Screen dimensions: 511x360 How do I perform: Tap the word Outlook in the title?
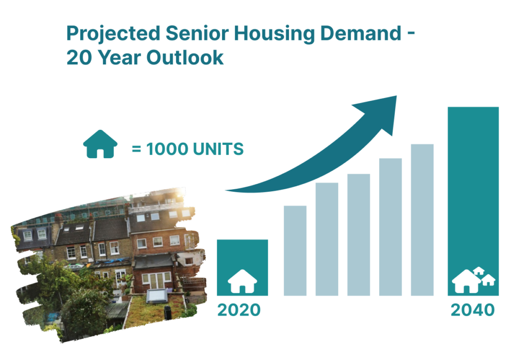click(x=185, y=58)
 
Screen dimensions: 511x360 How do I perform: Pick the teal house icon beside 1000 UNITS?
click(x=100, y=144)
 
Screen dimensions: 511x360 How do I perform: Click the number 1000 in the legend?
click(x=167, y=149)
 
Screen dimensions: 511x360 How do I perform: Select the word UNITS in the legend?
click(x=218, y=149)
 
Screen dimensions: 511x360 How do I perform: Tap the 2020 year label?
click(x=239, y=310)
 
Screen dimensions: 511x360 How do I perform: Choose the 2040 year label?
click(x=473, y=310)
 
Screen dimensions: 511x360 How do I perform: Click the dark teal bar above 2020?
click(x=243, y=268)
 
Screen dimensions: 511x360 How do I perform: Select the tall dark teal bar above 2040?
click(x=473, y=201)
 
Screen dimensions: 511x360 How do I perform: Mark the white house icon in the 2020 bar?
click(x=242, y=281)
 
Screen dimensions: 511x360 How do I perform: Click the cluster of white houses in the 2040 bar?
click(x=473, y=280)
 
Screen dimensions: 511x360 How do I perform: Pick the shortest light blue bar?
click(x=295, y=251)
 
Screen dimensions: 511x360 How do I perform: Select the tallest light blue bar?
click(x=422, y=220)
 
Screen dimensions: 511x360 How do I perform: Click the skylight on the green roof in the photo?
click(x=157, y=296)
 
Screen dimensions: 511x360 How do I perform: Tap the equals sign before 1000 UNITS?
click(x=136, y=149)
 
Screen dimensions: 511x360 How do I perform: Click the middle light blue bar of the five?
click(x=358, y=235)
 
